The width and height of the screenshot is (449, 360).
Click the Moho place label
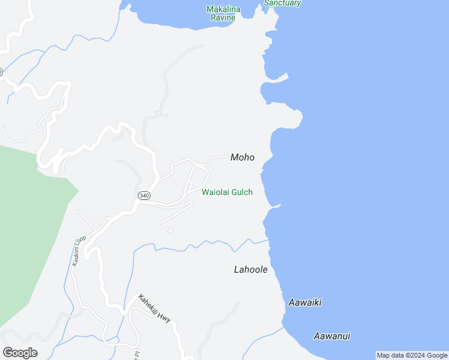point(243,158)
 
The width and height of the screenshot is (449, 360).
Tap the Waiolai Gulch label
point(227,193)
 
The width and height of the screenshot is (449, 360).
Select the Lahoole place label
point(250,270)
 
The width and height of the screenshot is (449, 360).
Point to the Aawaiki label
point(305,303)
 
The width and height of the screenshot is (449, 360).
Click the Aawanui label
point(332,337)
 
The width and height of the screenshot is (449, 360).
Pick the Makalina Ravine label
point(223,13)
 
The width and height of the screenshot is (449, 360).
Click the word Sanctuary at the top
point(282,3)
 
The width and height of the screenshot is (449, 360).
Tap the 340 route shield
point(144,196)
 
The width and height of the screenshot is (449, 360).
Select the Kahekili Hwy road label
point(154,308)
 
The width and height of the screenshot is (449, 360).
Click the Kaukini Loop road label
point(79,250)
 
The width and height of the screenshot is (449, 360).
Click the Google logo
point(20,353)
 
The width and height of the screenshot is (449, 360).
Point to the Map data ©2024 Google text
point(412,355)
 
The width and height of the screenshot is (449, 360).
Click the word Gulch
point(241,193)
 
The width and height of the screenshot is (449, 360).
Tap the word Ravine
point(223,17)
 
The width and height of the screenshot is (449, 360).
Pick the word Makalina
point(223,9)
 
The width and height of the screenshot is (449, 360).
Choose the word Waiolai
point(215,193)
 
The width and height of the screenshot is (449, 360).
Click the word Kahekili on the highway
point(149,304)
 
